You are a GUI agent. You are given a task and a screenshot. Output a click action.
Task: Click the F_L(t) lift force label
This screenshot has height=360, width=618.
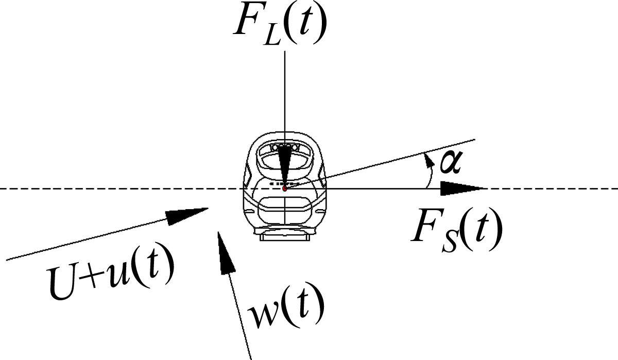[x=280, y=24]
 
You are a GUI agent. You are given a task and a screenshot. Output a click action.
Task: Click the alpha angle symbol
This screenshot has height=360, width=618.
[x=450, y=163]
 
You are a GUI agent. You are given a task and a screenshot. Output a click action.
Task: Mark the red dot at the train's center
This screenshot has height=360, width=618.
[x=285, y=188]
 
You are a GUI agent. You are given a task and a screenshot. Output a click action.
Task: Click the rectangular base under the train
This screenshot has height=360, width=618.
[x=285, y=236]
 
